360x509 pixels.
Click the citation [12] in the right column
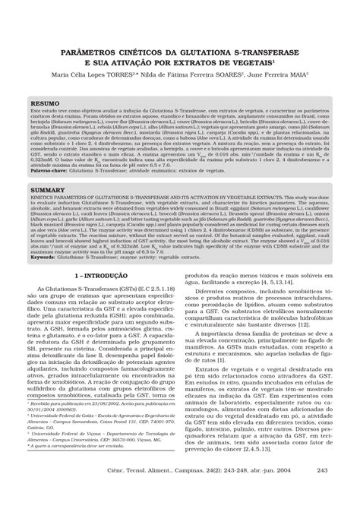tap(304, 366)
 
